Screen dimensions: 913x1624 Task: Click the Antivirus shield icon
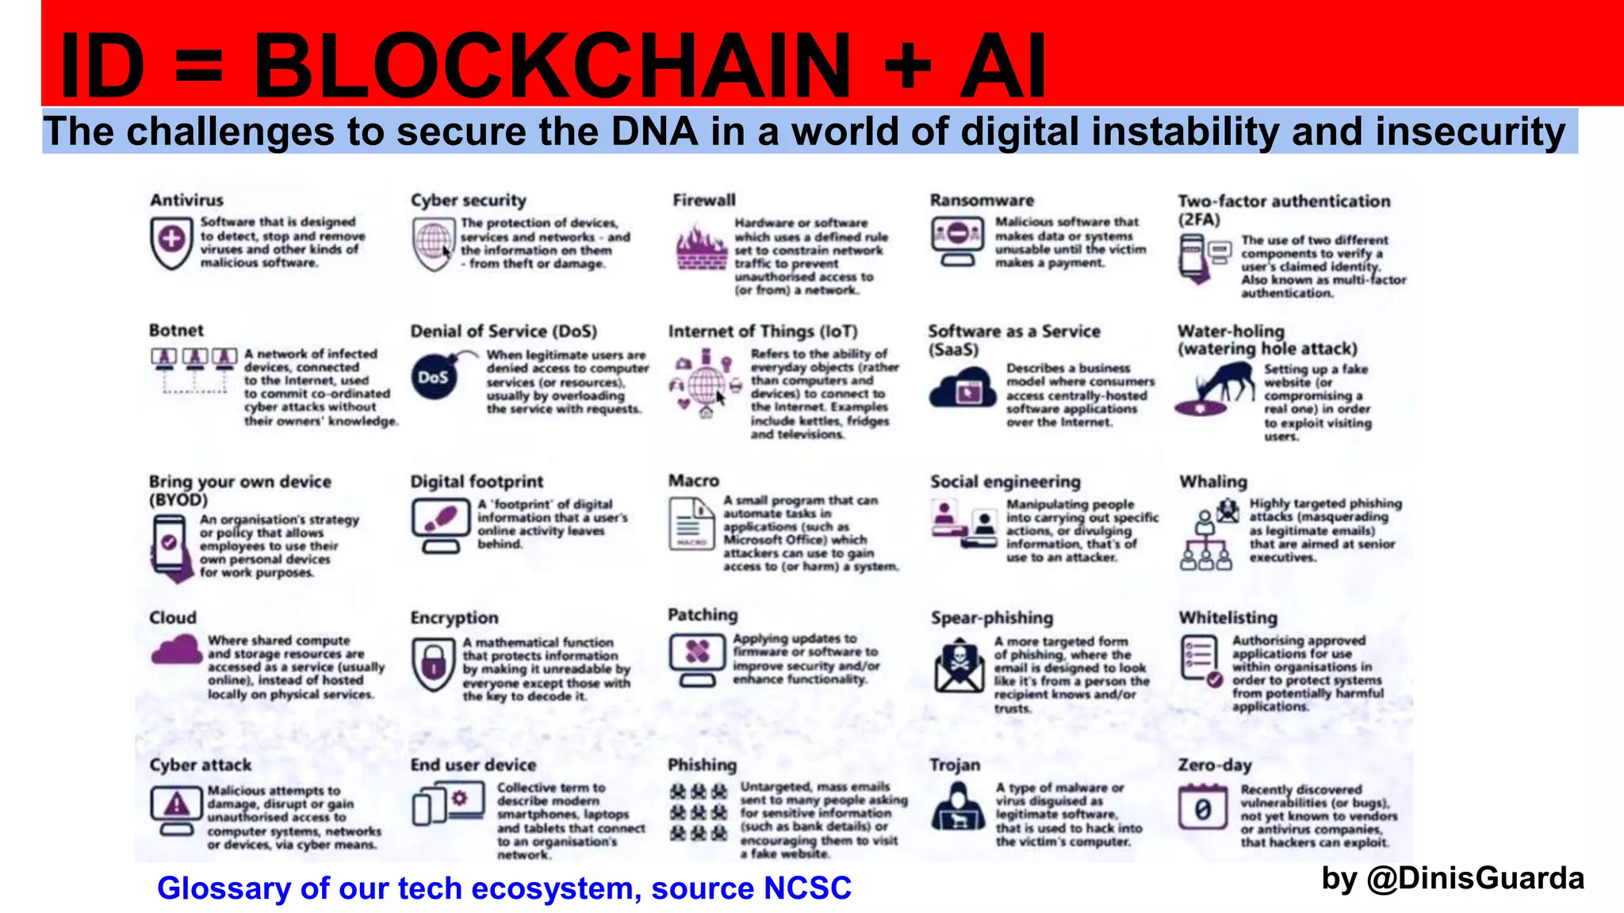coord(171,241)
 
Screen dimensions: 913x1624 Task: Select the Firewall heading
coord(704,200)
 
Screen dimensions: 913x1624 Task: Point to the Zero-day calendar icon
coord(1202,807)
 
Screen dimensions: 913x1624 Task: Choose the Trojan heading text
coord(955,765)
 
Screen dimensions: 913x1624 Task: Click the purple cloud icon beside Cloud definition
coord(176,651)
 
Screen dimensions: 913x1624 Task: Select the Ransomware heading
coord(982,200)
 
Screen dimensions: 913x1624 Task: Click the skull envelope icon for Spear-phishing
coord(959,664)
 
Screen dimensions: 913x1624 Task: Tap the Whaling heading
coord(1212,481)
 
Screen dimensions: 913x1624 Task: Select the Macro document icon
coord(691,523)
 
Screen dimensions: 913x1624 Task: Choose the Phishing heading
coord(702,765)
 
